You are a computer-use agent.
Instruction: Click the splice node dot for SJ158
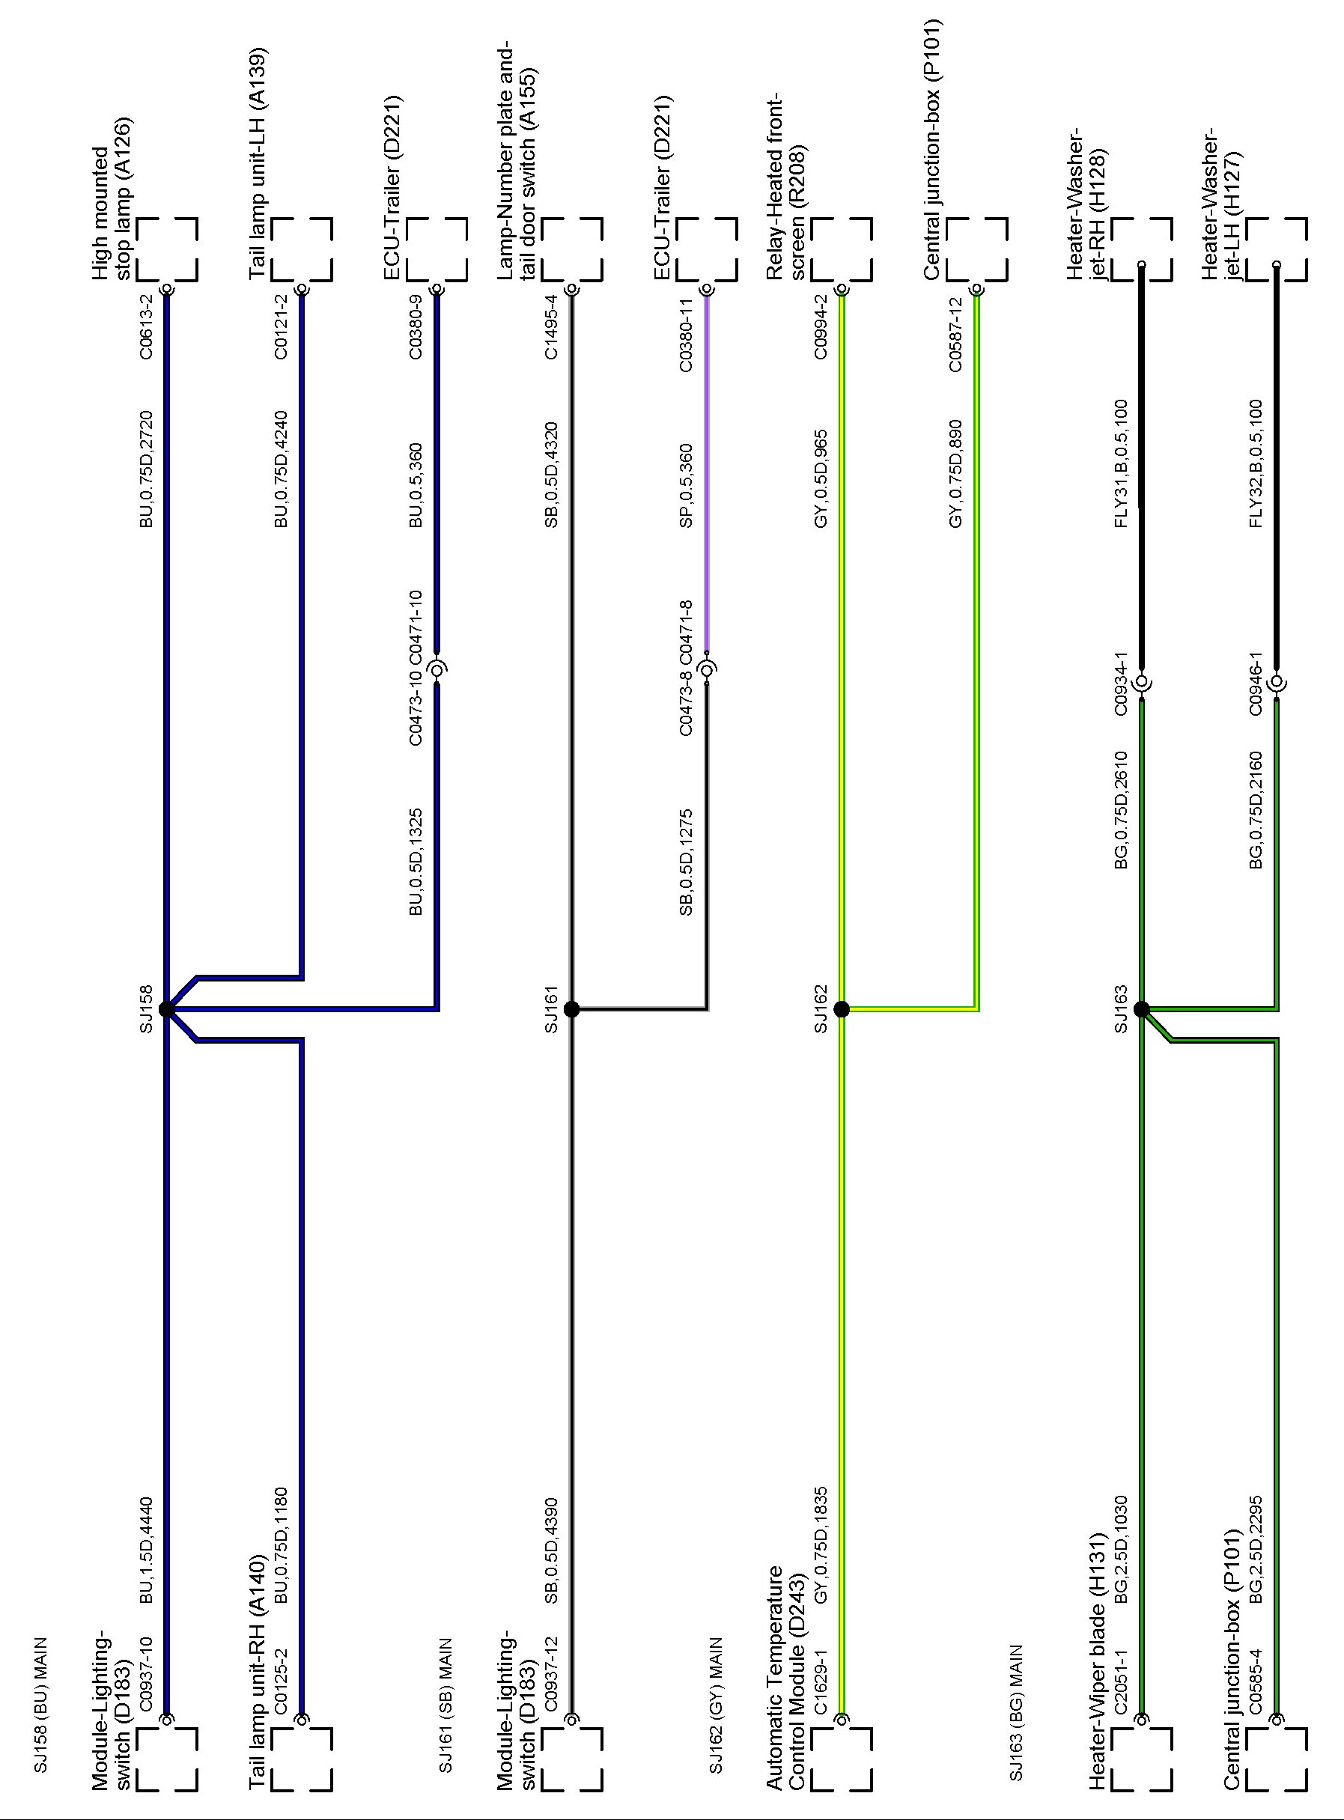[167, 1009]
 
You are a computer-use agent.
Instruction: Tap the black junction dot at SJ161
[571, 1009]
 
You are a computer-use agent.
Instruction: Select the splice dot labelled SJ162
[842, 1009]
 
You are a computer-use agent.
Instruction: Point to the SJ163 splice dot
[1141, 1009]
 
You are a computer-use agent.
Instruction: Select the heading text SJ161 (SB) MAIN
[445, 1699]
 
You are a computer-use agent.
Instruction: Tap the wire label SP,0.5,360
[687, 484]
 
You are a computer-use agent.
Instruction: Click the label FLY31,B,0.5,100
[1122, 463]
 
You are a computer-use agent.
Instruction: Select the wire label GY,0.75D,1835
[821, 1545]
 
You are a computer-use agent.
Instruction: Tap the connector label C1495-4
[552, 326]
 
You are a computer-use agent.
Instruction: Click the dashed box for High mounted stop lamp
[167, 249]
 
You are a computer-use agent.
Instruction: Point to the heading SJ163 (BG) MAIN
[1016, 1700]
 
